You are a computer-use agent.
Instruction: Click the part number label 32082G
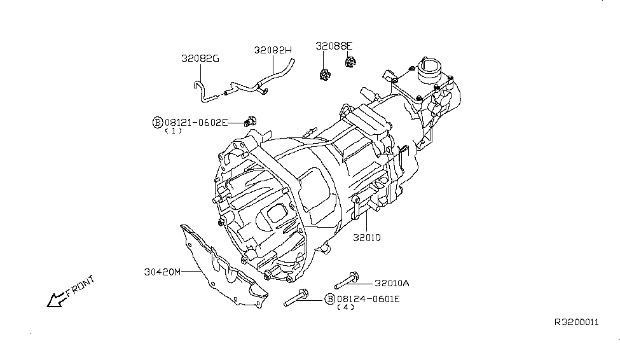201,59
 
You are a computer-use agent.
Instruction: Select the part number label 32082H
273,50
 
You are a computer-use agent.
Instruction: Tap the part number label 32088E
334,46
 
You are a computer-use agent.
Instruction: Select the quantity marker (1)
173,131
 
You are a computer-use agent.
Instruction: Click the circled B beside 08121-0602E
157,122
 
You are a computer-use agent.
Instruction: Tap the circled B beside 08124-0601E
329,299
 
